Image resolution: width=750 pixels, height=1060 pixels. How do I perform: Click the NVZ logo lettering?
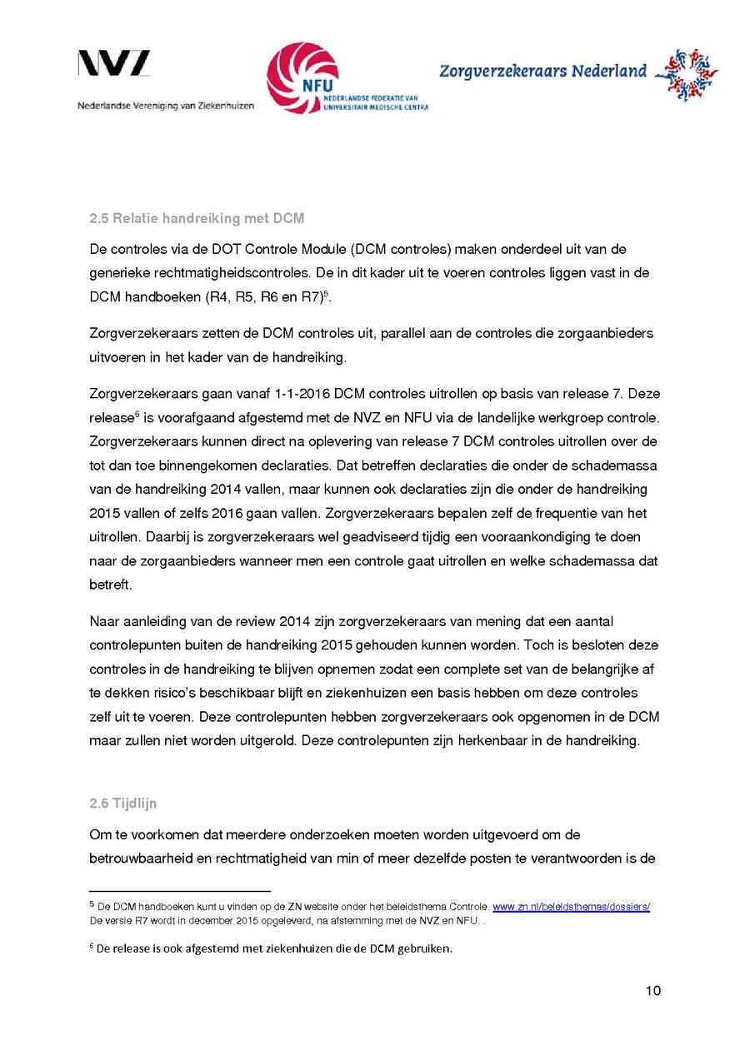(114, 64)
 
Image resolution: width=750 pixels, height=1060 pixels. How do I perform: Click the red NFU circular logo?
(302, 77)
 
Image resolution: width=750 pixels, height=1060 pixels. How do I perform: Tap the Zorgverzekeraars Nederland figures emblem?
(687, 74)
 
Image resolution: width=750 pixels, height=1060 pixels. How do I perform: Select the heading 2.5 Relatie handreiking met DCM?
(197, 219)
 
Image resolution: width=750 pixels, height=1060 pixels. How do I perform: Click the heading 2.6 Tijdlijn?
(122, 804)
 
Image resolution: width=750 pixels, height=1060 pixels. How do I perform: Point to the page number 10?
(652, 990)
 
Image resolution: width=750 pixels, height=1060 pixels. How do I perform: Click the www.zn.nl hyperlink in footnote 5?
(571, 906)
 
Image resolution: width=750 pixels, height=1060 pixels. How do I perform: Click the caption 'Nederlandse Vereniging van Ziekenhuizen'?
(166, 107)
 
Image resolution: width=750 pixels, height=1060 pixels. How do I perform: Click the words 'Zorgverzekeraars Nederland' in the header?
(542, 72)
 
